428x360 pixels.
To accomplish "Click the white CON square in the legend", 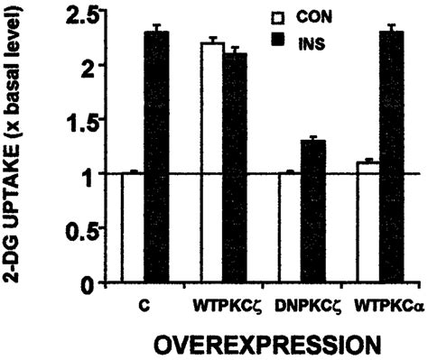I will (x=278, y=16).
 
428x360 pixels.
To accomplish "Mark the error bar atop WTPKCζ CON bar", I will (x=211, y=41).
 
